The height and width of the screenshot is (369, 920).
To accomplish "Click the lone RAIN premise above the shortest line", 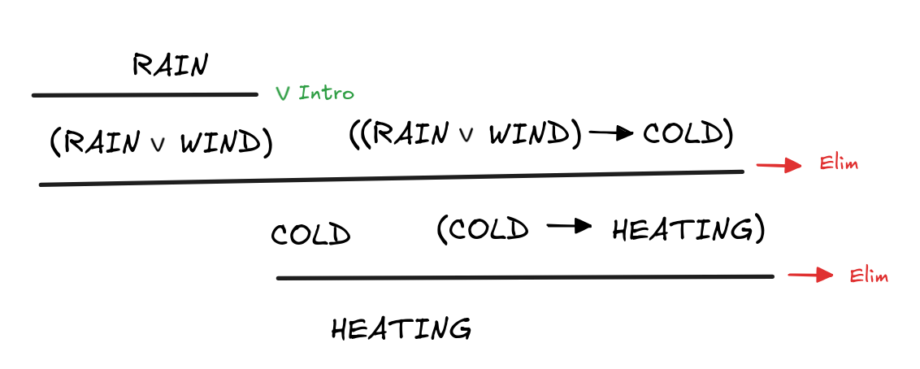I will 170,65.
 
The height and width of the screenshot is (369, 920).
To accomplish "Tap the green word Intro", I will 326,93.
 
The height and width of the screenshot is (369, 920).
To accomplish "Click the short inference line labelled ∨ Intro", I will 145,95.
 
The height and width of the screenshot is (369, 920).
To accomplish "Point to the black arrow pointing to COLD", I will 611,134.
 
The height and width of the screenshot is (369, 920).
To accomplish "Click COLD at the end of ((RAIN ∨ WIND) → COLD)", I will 681,134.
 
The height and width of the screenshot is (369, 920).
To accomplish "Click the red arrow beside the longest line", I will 778,165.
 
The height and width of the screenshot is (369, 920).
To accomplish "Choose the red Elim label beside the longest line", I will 839,165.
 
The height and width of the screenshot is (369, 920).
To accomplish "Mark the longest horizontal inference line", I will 391,178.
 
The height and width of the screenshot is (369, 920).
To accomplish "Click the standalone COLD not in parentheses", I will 310,235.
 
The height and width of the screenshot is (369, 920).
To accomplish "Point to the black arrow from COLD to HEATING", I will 569,228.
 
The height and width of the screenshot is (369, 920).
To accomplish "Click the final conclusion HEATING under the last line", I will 401,329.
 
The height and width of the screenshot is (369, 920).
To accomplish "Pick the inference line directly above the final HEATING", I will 524,277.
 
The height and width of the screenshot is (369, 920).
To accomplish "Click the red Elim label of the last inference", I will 869,276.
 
